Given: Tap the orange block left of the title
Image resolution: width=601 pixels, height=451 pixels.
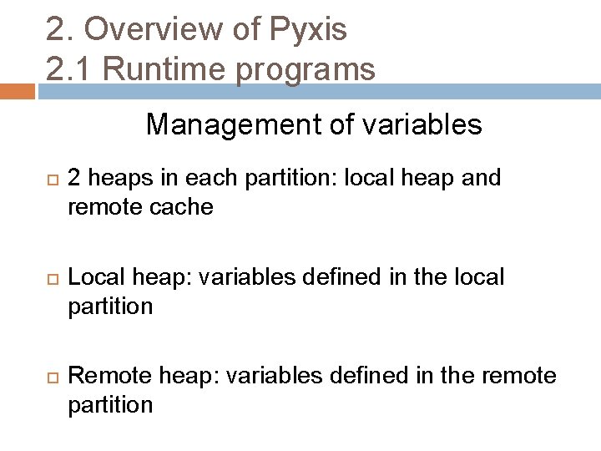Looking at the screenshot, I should click(17, 90).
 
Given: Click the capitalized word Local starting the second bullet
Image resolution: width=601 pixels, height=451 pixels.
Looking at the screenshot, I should click(93, 277).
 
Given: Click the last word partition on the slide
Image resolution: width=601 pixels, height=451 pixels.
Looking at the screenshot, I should click(110, 404).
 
